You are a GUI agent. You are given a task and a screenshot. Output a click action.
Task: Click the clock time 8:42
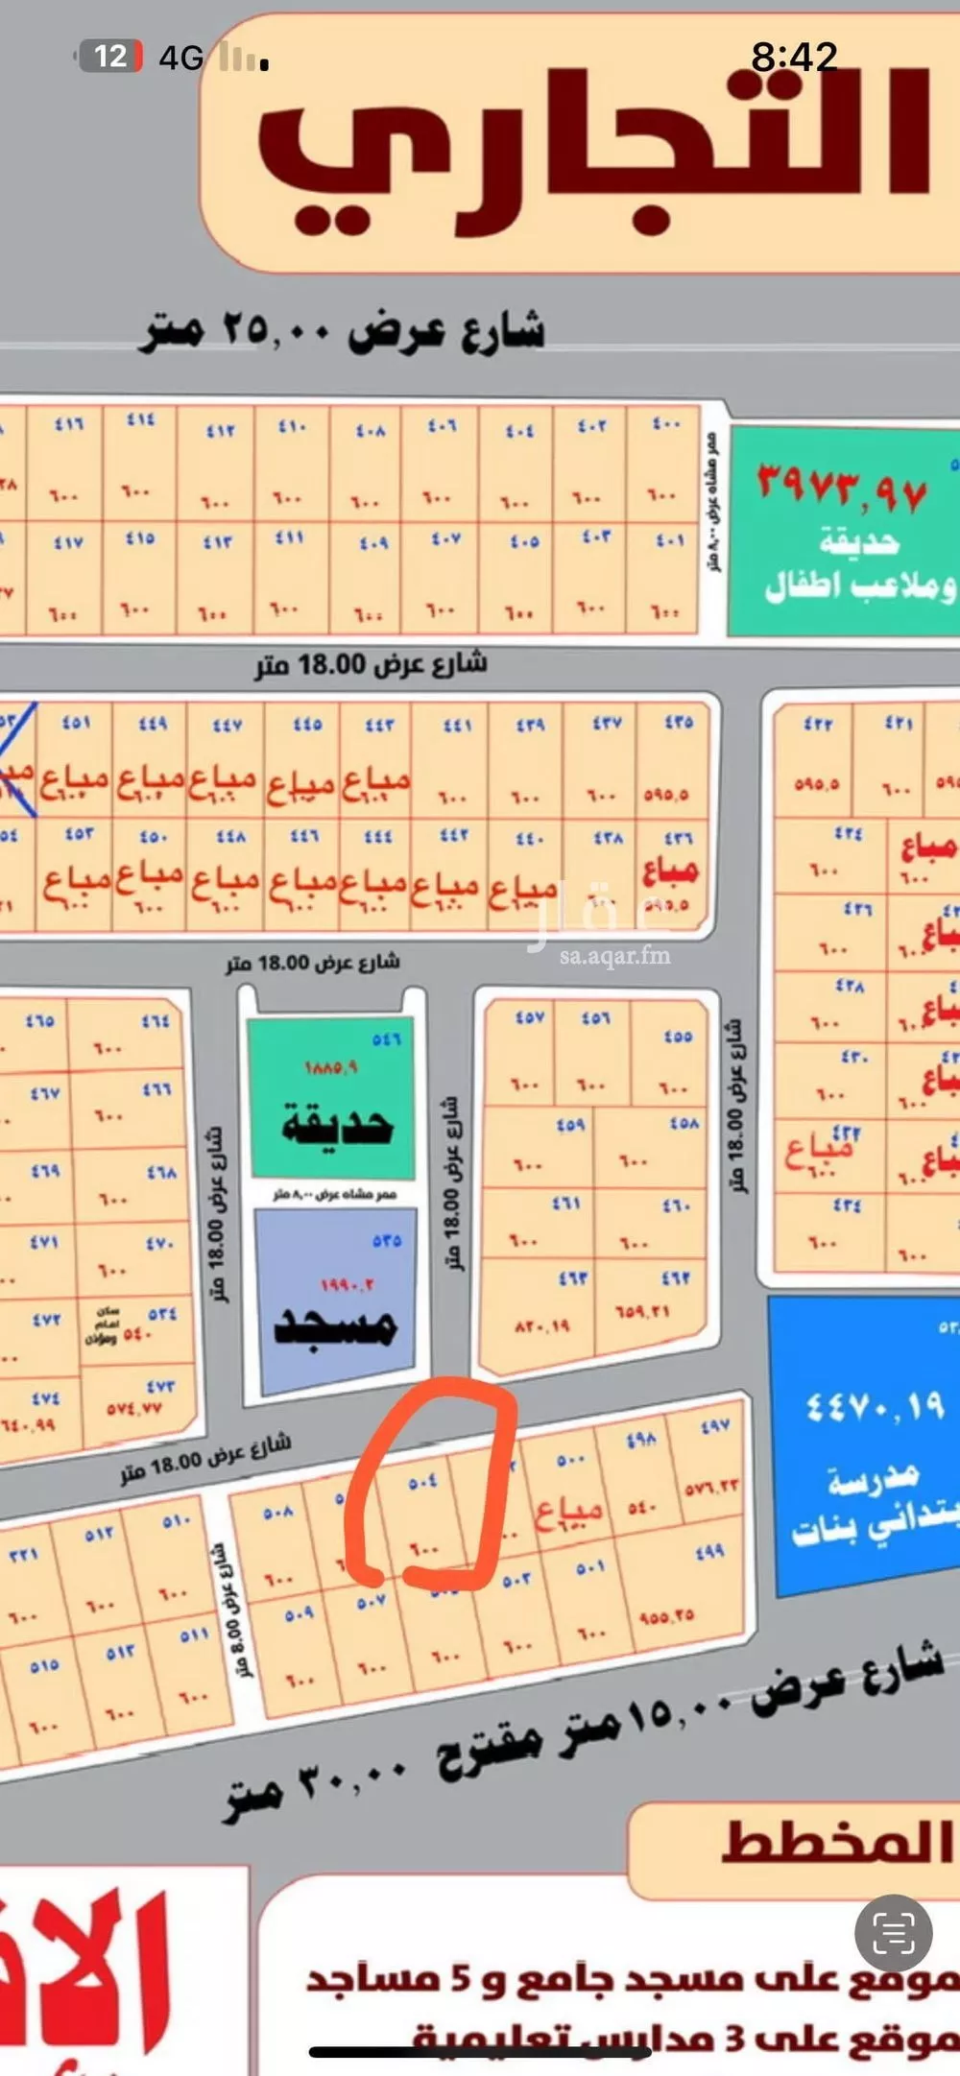point(794,58)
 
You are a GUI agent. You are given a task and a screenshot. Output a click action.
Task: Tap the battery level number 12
point(110,57)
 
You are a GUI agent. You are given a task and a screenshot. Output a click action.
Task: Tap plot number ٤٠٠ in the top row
point(665,423)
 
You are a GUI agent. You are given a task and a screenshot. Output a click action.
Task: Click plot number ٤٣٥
point(679,722)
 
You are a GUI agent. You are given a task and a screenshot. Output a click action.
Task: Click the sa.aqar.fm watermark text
point(614,955)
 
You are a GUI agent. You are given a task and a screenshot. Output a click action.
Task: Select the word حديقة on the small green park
point(336,1124)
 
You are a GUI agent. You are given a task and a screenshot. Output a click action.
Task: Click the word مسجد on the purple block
point(336,1326)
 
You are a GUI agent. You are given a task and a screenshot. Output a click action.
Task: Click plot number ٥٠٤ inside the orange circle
point(422,1482)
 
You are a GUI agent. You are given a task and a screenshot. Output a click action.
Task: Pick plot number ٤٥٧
point(530,1016)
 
